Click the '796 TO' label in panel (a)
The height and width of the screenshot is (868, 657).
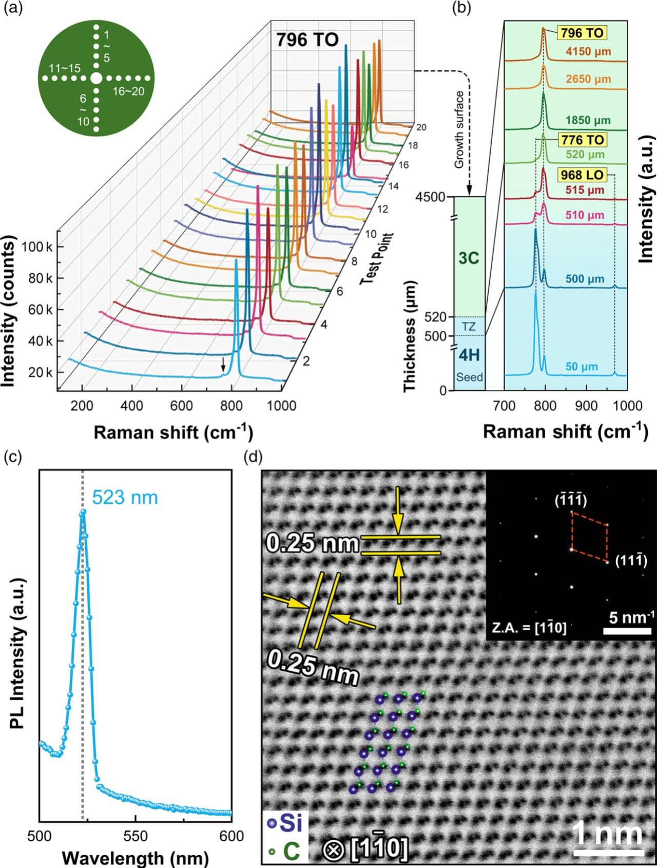tap(307, 40)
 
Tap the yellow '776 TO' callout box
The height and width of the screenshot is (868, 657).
tap(582, 140)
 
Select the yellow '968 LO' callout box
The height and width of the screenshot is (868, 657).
tap(582, 175)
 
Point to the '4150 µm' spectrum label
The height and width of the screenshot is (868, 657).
tap(588, 52)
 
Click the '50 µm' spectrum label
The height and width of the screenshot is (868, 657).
tap(582, 367)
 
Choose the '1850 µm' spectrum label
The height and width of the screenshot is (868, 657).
tap(588, 121)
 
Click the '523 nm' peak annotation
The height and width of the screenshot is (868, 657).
tap(125, 498)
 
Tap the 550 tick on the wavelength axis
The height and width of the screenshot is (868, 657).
tap(136, 836)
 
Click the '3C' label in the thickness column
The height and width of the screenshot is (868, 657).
tap(469, 258)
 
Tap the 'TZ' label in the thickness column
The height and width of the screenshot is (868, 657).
tap(469, 327)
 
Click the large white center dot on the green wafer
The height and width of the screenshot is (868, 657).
tap(96, 79)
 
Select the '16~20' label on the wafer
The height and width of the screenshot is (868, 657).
tap(128, 91)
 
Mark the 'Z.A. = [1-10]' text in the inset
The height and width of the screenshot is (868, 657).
tap(529, 627)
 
